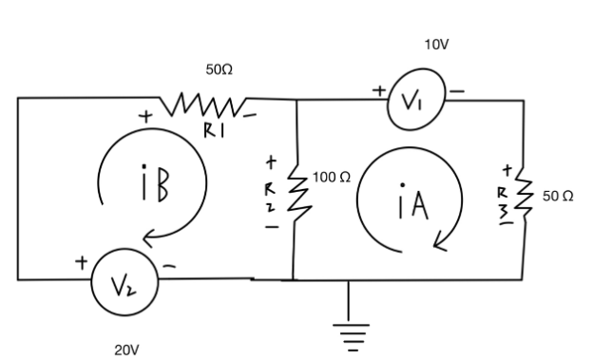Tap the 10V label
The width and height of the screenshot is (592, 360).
tap(436, 45)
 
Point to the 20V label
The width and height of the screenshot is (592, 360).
tap(127, 350)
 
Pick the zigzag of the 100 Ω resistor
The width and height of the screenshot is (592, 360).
tap(297, 195)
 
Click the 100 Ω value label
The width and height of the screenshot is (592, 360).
tap(332, 178)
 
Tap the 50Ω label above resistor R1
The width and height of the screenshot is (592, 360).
tap(220, 70)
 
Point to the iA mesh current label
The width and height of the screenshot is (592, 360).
tap(410, 205)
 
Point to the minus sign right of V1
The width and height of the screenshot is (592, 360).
tap(457, 91)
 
